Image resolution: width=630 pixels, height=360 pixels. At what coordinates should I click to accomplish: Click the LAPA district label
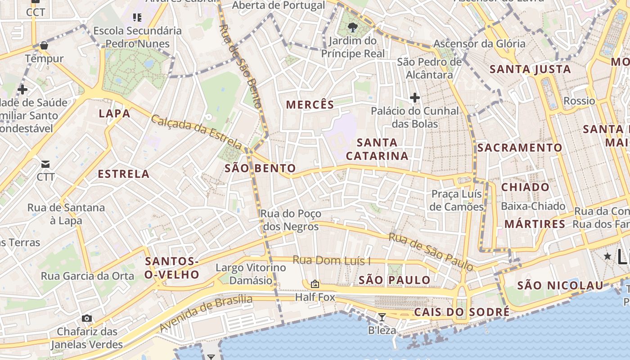point(114,113)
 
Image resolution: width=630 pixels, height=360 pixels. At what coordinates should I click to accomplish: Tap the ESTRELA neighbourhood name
point(123,174)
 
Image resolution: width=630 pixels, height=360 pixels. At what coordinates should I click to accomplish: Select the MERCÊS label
point(310,105)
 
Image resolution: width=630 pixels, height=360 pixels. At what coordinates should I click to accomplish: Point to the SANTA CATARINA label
point(377,149)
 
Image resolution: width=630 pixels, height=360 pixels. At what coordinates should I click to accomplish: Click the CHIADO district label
point(525,187)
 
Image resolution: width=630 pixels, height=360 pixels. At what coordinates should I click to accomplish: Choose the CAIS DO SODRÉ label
point(462,312)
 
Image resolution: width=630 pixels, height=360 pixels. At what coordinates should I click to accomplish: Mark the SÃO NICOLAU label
point(560,285)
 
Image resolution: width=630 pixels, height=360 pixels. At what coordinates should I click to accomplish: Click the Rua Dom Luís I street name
point(331,260)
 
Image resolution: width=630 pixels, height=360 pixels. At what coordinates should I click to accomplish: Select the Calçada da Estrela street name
point(196,131)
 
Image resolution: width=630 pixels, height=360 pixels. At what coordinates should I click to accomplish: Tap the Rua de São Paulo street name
point(431,252)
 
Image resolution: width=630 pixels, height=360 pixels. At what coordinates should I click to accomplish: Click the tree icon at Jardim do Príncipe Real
point(353,27)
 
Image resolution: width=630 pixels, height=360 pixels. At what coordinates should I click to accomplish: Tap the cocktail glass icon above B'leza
point(382,317)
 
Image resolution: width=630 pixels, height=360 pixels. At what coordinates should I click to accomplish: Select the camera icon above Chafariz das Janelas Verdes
point(87,319)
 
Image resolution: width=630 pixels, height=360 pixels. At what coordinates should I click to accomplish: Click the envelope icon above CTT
point(45,164)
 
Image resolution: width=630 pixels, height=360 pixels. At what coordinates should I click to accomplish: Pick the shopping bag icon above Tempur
point(44,45)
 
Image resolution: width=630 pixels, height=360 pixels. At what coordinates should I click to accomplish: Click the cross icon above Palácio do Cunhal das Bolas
point(414,97)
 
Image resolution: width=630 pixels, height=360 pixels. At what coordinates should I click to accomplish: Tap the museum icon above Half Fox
point(315,284)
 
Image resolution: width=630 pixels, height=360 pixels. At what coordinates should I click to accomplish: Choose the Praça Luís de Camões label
point(457,200)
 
